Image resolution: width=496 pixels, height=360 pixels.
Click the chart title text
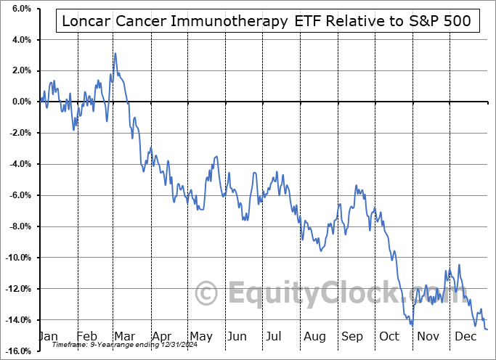(267, 22)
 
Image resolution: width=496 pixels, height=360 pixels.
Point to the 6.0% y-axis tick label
(18, 8)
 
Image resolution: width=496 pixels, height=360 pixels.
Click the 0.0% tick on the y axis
(18, 102)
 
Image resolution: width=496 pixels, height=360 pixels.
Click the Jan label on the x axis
(49, 337)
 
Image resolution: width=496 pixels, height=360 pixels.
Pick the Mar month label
(123, 337)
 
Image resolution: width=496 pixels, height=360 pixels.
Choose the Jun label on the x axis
(237, 337)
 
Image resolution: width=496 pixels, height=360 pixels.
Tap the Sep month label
(351, 337)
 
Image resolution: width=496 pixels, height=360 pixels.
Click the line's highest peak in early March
(115, 54)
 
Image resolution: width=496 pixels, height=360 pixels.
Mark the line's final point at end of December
(487, 330)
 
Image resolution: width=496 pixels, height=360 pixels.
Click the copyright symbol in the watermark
(208, 293)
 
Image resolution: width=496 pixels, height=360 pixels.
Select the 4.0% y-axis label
(18, 39)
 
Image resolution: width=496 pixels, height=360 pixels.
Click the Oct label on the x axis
(389, 337)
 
